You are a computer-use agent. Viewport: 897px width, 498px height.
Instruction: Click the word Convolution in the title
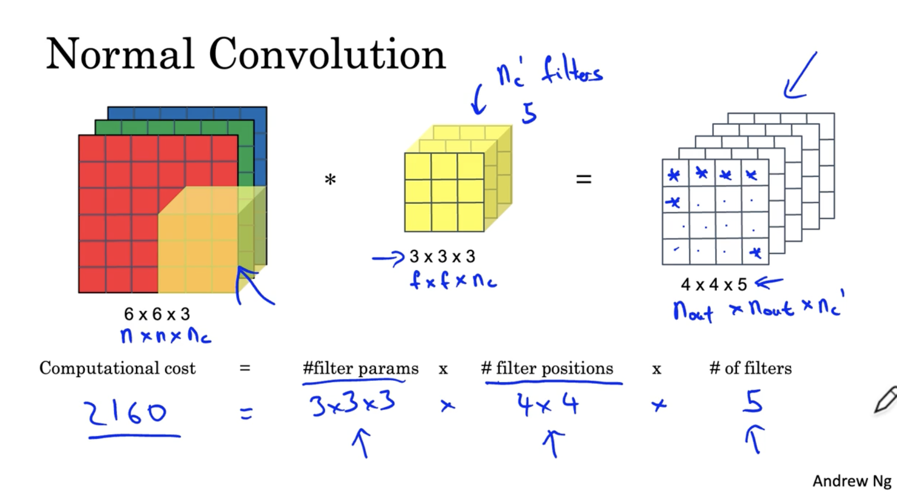327,54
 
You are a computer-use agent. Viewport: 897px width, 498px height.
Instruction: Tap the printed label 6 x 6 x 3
157,314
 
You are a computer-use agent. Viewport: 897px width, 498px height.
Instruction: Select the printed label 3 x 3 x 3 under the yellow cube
442,257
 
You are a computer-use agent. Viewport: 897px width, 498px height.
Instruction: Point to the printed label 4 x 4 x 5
714,285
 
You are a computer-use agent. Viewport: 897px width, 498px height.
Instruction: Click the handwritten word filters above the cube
572,72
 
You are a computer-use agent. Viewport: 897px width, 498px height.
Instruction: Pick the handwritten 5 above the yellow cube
529,113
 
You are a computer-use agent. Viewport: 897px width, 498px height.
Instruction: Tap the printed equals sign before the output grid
583,179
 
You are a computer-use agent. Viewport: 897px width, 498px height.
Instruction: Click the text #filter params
360,369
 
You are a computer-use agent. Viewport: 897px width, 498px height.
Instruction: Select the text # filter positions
547,369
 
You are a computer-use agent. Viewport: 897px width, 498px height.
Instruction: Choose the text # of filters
750,369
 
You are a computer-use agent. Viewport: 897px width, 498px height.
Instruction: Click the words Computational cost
117,369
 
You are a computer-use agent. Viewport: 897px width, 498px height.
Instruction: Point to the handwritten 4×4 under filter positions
547,405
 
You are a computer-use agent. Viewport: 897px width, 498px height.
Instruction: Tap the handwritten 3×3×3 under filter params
352,404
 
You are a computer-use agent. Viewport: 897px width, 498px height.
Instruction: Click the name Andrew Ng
852,481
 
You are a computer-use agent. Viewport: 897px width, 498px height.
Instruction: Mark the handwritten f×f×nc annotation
453,281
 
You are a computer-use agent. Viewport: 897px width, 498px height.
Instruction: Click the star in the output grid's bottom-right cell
755,253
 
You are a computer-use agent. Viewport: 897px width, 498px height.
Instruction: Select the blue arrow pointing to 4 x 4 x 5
769,283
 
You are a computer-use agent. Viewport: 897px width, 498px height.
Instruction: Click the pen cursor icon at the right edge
885,400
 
